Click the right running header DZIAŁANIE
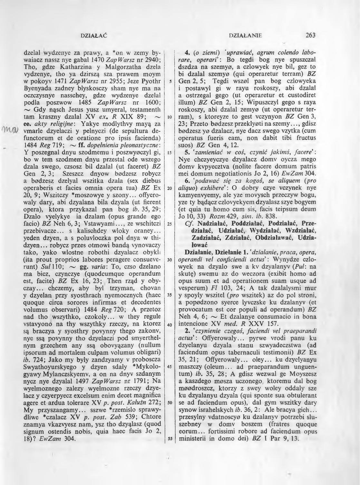[x=245, y=35]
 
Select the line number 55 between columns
[x=169, y=438]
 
